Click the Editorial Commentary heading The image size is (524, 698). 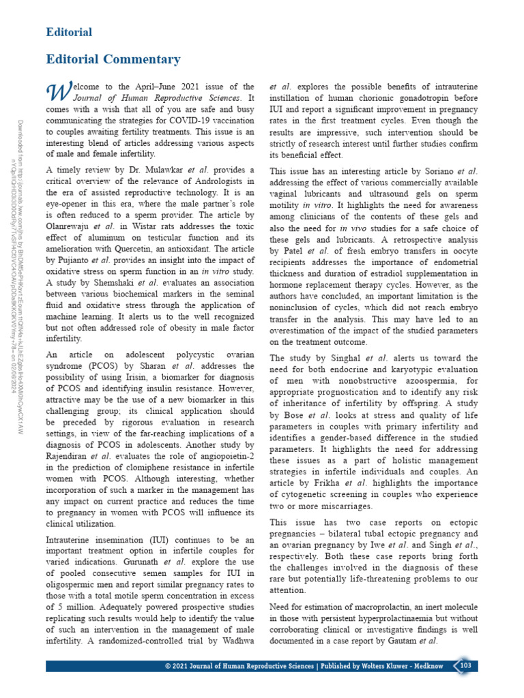(113, 59)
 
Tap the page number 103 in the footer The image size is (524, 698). (466, 665)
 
